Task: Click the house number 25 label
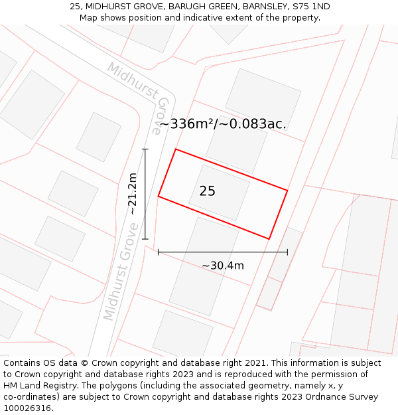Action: (207, 191)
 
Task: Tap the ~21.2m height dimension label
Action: (133, 194)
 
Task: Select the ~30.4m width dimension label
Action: (223, 266)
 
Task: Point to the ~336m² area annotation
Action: (223, 124)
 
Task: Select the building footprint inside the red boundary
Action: (220, 193)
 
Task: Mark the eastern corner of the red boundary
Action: (287, 191)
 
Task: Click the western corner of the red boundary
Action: (158, 197)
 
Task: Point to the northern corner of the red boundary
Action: (176, 149)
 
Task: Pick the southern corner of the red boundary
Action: (269, 239)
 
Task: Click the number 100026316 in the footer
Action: (29, 408)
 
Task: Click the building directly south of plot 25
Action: (204, 266)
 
